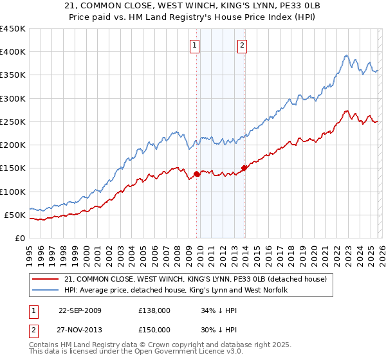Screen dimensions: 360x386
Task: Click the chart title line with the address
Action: [193, 6]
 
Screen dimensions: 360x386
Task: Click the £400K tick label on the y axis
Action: [13, 52]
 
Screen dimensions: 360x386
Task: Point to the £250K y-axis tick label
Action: [13, 122]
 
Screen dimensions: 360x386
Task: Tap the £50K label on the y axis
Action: [15, 215]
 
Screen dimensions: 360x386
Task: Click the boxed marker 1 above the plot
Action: [194, 45]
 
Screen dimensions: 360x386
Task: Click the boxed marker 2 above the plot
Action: [242, 45]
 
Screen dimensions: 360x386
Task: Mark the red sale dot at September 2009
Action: [196, 174]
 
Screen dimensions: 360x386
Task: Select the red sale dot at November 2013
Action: [244, 168]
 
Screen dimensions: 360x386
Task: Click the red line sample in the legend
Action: [46, 279]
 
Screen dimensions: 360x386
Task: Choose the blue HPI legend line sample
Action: [46, 290]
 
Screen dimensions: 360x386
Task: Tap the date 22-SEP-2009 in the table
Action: [80, 310]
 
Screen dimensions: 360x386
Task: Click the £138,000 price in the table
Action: [154, 310]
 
